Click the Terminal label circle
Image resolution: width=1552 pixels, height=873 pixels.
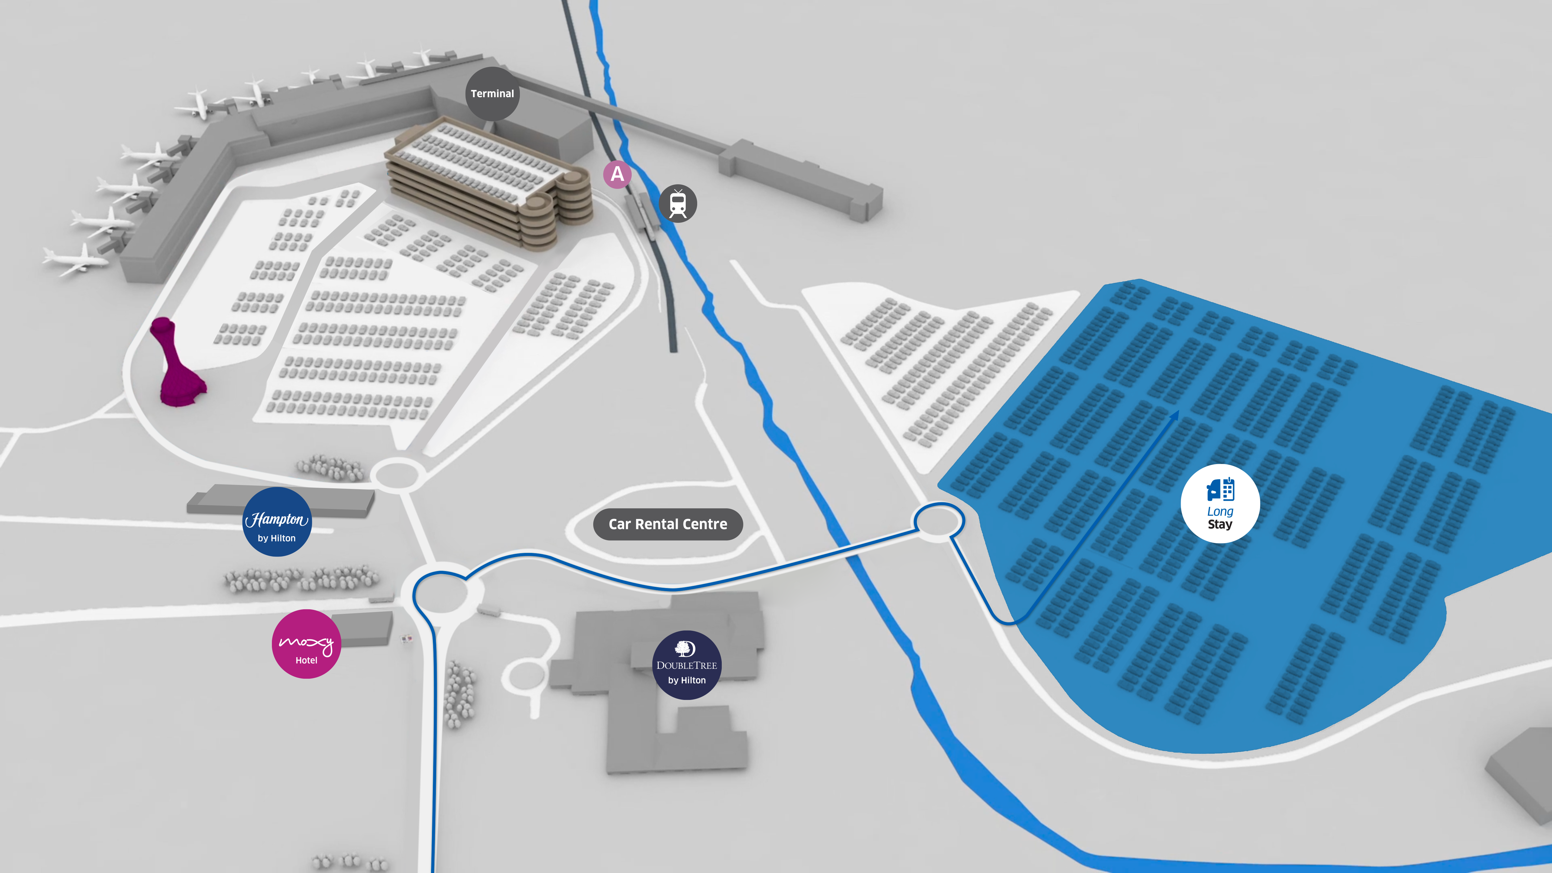492,93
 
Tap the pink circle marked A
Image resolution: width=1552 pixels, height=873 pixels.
617,174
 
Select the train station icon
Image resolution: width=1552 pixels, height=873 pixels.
678,204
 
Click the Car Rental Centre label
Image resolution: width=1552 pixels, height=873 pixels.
667,524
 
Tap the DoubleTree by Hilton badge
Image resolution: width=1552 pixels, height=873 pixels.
686,665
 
